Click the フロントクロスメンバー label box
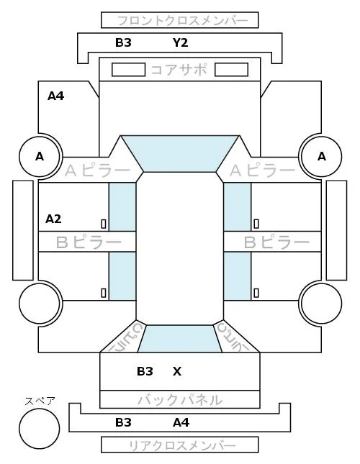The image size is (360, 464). click(180, 20)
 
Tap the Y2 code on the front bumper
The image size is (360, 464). click(180, 43)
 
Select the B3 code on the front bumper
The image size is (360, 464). click(123, 43)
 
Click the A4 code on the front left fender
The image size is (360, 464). click(56, 96)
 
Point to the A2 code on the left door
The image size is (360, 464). click(53, 219)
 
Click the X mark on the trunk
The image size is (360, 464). click(177, 371)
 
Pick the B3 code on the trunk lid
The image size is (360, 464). click(145, 371)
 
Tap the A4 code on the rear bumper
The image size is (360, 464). click(181, 422)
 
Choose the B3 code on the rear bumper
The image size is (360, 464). click(123, 422)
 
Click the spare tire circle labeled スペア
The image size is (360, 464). click(40, 429)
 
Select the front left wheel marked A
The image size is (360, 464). click(40, 156)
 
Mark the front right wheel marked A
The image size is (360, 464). click(322, 156)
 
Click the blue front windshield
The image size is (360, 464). click(180, 153)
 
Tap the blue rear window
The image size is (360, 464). click(180, 339)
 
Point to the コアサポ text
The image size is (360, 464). click(179, 70)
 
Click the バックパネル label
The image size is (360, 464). click(180, 400)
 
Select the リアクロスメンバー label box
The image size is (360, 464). click(180, 445)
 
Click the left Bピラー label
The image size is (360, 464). click(89, 242)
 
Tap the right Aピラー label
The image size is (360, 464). click(262, 170)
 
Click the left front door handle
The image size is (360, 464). click(104, 224)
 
